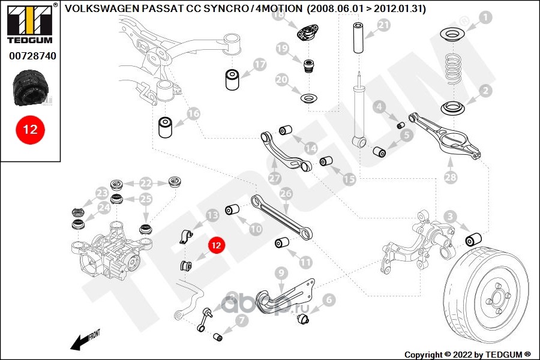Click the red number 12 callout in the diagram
216,245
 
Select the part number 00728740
32,56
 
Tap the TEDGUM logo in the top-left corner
30,23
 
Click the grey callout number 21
383,25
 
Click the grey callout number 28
451,177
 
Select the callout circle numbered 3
450,217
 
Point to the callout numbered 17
260,64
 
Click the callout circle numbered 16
193,113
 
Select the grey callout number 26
286,194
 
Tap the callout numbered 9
281,273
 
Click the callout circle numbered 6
329,300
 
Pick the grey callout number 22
146,183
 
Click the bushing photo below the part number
29,88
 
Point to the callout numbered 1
485,17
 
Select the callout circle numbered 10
256,229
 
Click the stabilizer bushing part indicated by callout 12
185,266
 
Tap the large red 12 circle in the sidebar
30,130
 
